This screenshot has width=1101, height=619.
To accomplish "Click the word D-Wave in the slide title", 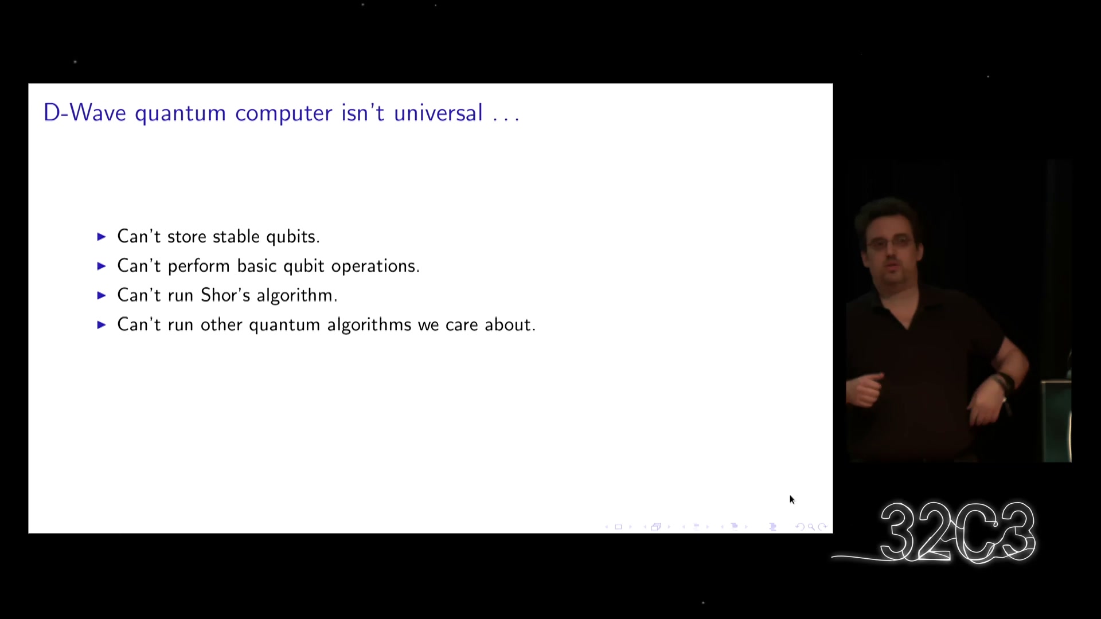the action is [85, 113].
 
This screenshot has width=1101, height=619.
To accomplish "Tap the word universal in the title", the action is [438, 113].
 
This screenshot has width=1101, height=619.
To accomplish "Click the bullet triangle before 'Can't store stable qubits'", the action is [101, 237].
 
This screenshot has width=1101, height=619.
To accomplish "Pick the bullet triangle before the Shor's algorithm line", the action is [101, 295].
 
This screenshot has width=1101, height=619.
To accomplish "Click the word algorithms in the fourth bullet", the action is [369, 326].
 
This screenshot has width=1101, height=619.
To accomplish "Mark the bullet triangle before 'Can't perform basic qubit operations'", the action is [101, 266].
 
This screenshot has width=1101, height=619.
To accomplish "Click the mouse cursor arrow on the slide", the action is [792, 500].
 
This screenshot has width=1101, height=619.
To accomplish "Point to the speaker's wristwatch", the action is [1004, 381].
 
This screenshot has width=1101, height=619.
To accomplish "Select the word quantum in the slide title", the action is [180, 115].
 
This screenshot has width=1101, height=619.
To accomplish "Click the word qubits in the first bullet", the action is [293, 237].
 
